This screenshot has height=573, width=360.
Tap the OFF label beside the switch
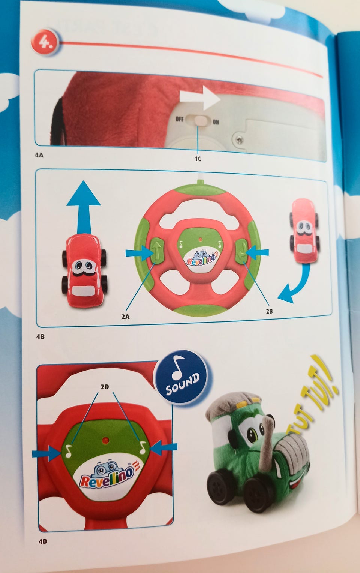(x=179, y=119)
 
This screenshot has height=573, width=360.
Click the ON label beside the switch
(x=216, y=122)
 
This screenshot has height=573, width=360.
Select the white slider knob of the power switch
(x=201, y=121)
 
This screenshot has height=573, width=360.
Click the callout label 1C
(x=198, y=159)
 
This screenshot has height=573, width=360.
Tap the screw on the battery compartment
(x=240, y=139)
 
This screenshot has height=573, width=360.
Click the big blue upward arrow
(x=84, y=207)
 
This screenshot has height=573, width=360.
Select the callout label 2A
(x=125, y=316)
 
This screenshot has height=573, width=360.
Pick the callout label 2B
(x=269, y=311)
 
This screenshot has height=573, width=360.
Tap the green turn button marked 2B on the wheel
(x=242, y=251)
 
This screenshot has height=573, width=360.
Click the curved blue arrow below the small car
(x=297, y=286)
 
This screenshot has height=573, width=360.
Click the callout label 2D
(x=105, y=387)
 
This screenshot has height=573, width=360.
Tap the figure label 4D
(x=43, y=541)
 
